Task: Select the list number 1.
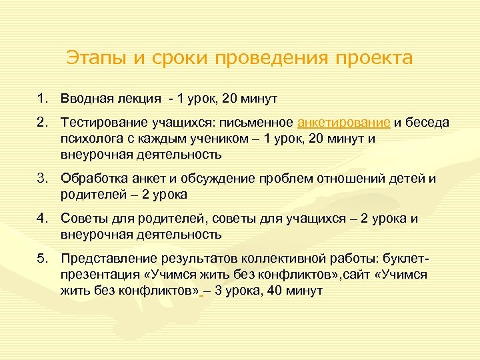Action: pos(42,98)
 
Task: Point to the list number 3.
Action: pos(42,178)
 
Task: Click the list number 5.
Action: pos(42,258)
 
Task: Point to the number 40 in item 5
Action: pos(273,291)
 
